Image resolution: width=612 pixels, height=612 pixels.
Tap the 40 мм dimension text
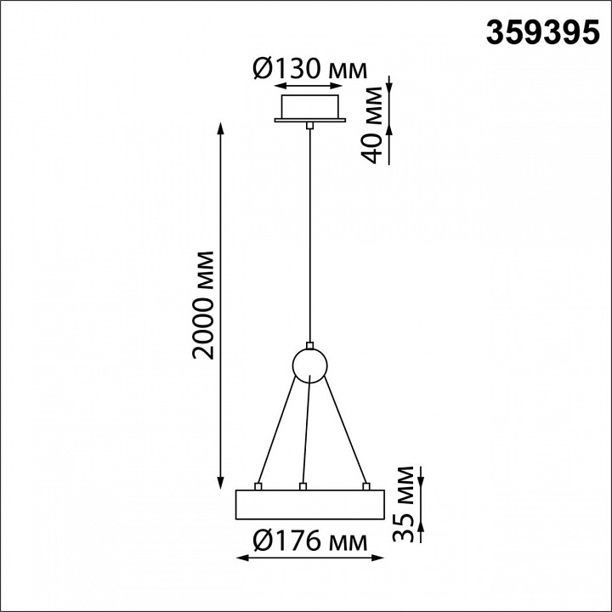coord(371,119)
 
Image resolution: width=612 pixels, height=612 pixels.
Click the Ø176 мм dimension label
coord(309,541)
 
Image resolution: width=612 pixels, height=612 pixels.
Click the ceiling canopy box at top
coord(310,107)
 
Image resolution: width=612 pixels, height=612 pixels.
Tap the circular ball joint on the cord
coord(309,365)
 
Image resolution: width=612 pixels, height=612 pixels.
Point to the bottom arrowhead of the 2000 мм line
coord(222,480)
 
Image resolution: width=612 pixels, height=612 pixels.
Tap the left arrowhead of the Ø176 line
coord(240,558)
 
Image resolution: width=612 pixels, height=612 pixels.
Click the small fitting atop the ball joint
coord(310,346)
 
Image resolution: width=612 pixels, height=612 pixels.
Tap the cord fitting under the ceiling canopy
coord(310,125)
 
